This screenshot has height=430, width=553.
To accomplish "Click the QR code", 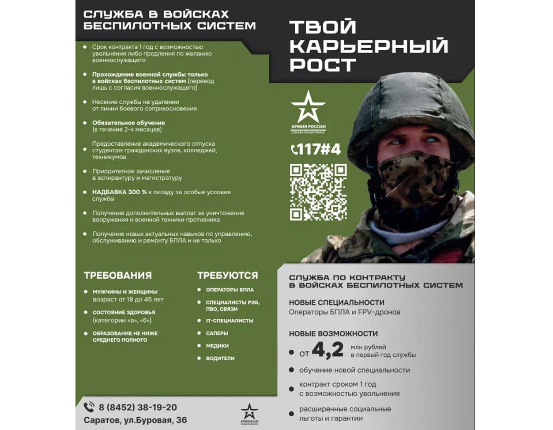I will pos(318,192).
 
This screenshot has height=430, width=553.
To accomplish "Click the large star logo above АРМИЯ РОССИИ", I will pos(308,106).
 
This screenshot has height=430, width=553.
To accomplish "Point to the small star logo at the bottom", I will pos(249,411).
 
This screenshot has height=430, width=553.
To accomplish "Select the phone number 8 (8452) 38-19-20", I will pos(138,407).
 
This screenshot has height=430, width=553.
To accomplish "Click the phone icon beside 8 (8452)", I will pos(89,407).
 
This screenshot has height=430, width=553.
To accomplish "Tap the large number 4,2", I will pos(327,350).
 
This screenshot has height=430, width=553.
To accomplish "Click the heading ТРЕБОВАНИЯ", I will pos(118,275).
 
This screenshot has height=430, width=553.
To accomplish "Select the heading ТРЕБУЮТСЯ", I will pos(227,275).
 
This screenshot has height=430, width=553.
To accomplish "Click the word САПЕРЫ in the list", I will pos(217,333).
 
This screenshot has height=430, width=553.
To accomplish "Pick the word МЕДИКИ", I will pos(217,346).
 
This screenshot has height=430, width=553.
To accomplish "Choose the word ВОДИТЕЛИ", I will pos(220,358).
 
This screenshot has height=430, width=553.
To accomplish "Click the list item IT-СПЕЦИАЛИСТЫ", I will pos(229,321).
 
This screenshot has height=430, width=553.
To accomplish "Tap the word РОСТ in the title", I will pos(323,65).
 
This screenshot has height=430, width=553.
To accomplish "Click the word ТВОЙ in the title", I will pos(323,27).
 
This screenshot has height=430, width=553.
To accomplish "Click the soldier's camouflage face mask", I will pos(415,172).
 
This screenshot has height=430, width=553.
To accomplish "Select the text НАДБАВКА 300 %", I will pos(119,192).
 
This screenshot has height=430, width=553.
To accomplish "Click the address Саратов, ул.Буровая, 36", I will pos(135,420).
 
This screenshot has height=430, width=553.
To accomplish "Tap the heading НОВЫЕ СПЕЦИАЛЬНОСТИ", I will pos(336,302).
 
